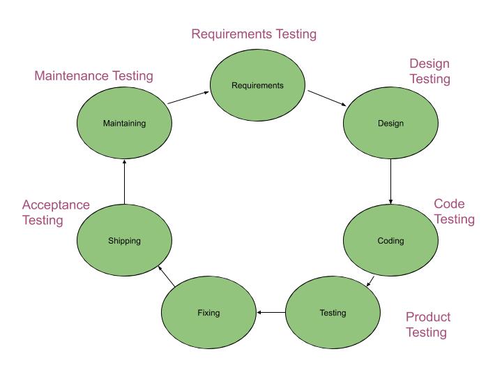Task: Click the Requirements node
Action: [257, 86]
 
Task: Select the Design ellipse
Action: [390, 124]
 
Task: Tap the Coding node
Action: [390, 241]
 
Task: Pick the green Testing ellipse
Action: [333, 312]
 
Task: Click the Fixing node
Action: [208, 312]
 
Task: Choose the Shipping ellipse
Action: [124, 241]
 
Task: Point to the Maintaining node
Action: [124, 124]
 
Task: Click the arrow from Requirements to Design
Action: [327, 98]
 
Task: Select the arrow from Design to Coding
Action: [390, 181]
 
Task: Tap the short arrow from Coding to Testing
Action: [372, 281]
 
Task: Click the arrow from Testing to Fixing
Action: [271, 312]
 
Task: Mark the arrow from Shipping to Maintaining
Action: [124, 181]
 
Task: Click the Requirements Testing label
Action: [254, 34]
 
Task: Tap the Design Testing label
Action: [429, 71]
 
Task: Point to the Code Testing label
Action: [454, 212]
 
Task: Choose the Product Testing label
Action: [427, 325]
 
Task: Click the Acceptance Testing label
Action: [56, 212]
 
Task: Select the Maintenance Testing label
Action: [93, 75]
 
